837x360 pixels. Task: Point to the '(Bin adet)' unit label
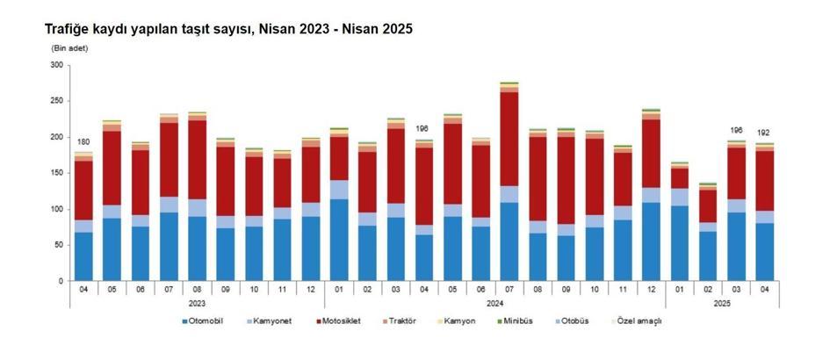pyautogui.click(x=70, y=47)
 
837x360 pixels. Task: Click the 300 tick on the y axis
pyautogui.click(x=56, y=65)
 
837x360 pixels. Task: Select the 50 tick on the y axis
pyautogui.click(x=58, y=245)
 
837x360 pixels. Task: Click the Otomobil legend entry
pyautogui.click(x=203, y=321)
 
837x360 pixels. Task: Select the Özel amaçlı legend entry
pyautogui.click(x=639, y=321)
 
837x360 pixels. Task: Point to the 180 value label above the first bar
pyautogui.click(x=83, y=142)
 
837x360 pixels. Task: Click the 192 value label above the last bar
pyautogui.click(x=764, y=133)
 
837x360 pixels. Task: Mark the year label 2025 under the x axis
pyautogui.click(x=722, y=303)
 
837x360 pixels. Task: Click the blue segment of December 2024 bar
pyautogui.click(x=651, y=241)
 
